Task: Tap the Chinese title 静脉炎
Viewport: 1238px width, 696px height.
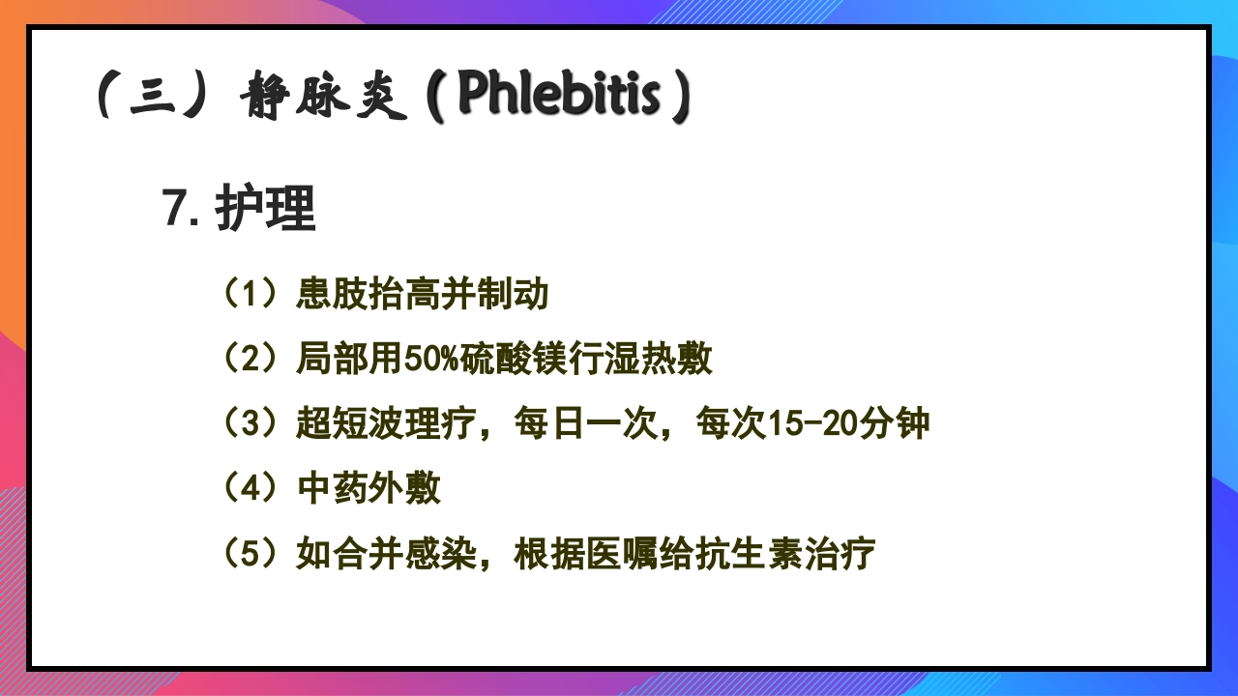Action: (x=322, y=97)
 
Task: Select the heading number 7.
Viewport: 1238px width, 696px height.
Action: (x=181, y=208)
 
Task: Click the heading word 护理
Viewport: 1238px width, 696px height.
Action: (x=266, y=208)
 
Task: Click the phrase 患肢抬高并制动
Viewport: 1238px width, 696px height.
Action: (x=423, y=293)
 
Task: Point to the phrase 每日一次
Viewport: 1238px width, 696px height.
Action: (x=586, y=423)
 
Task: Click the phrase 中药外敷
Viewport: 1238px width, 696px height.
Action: (x=368, y=488)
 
